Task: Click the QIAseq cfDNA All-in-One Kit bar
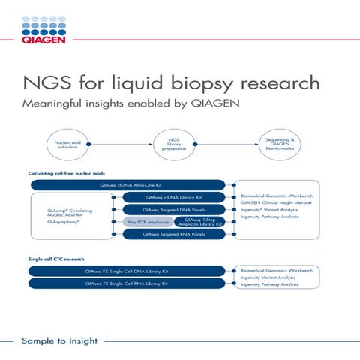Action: click(127, 184)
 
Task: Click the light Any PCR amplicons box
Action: click(147, 222)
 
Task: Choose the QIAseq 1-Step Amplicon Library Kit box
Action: click(199, 222)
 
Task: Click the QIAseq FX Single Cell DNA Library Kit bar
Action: click(127, 270)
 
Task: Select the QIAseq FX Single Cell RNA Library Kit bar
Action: click(127, 283)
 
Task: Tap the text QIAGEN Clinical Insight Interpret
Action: click(274, 202)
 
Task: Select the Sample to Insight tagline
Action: click(60, 341)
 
